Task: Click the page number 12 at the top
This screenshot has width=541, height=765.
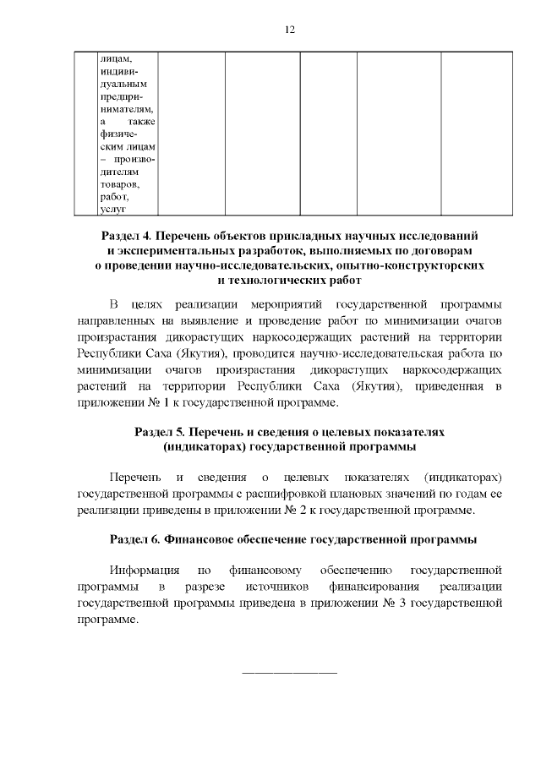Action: pyautogui.click(x=289, y=30)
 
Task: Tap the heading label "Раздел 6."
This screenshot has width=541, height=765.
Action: pyautogui.click(x=135, y=538)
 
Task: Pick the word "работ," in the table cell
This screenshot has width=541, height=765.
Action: pyautogui.click(x=113, y=196)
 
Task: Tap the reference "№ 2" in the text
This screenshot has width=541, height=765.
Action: pyautogui.click(x=365, y=511)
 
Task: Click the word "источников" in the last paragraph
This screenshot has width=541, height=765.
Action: pyautogui.click(x=275, y=587)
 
